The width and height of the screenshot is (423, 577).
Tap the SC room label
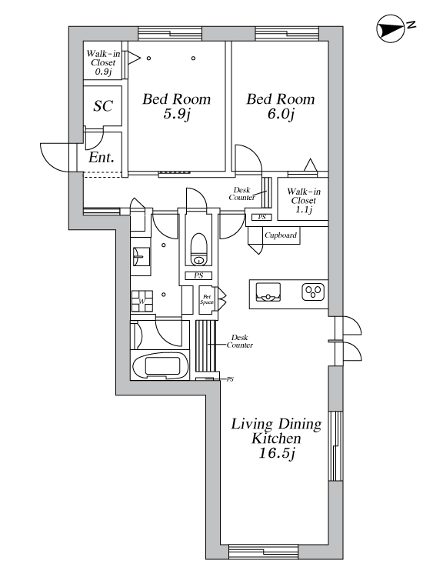coord(103,106)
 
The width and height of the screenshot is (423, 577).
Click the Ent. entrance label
coord(102,158)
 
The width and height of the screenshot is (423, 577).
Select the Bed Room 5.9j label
coord(177,106)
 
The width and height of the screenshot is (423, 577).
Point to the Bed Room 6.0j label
coord(280,106)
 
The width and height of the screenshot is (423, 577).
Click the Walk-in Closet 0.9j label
coord(103,62)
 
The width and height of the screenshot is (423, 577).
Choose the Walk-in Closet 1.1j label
coord(304,201)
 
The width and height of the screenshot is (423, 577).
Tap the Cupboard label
coord(281,235)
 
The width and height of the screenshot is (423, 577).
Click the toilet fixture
coord(198,249)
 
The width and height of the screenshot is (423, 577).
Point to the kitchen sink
coord(268,292)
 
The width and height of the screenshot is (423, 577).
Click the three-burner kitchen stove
coord(313,292)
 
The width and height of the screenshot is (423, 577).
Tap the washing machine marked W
coord(142,301)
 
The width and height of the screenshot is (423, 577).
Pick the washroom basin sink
coord(142,256)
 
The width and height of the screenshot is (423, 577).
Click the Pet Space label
coord(207,299)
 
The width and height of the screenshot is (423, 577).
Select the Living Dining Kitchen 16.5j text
coord(277,439)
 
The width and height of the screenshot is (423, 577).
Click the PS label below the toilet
coord(198,275)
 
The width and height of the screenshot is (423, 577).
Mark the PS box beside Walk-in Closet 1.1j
coord(261,217)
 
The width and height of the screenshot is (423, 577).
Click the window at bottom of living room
coord(263,552)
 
